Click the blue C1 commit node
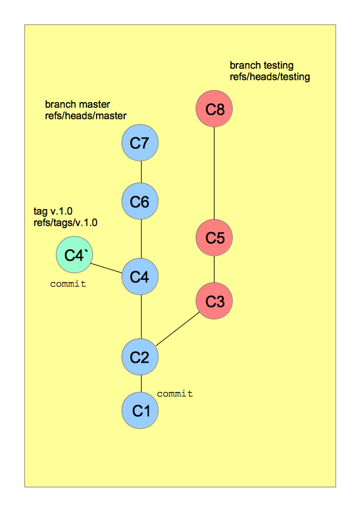(140, 411)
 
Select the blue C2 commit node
(140, 357)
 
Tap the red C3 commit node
(214, 301)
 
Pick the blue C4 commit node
(140, 277)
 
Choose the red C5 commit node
(214, 238)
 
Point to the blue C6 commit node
(140, 202)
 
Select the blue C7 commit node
(140, 143)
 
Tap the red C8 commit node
(214, 109)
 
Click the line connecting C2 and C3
(178, 329)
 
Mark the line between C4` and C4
(107, 266)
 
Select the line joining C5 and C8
(214, 174)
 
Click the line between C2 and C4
(140, 317)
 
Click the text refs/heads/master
(85, 115)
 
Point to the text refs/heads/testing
(269, 77)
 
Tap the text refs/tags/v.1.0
(66, 222)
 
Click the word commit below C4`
(68, 283)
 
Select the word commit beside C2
(175, 394)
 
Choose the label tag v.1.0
(53, 211)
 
